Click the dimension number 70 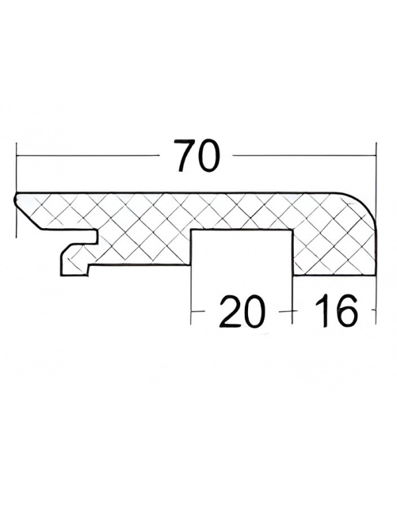[x=196, y=155]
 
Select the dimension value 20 [x=241, y=311]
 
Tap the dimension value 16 [x=335, y=311]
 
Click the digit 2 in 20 [x=229, y=311]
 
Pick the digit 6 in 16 [x=345, y=311]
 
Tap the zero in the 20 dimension [x=252, y=311]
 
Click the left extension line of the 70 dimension [x=16, y=190]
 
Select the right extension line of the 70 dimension [x=376, y=183]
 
